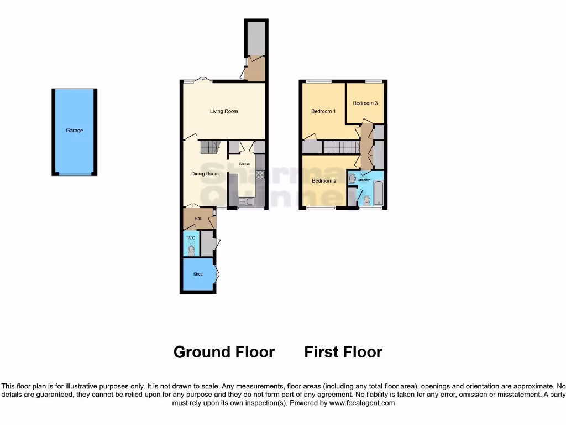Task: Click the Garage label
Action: [x=75, y=131]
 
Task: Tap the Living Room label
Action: [x=224, y=111]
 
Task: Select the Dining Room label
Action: [x=205, y=174]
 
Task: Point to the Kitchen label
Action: [x=244, y=164]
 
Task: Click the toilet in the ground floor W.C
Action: [x=191, y=250]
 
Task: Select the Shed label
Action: [x=198, y=274]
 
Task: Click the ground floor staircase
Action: [x=210, y=147]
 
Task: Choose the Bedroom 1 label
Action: [x=323, y=111]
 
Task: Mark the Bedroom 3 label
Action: [x=365, y=103]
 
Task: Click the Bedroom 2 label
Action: [x=324, y=181]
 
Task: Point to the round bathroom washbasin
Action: [x=352, y=179]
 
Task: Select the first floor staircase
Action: [x=341, y=147]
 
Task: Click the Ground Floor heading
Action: [x=224, y=352]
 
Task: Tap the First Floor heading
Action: [x=343, y=352]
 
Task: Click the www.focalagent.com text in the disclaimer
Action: [x=363, y=403]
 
